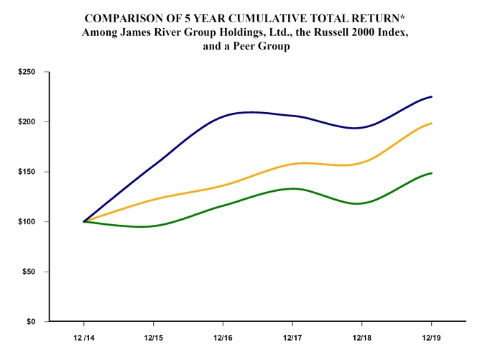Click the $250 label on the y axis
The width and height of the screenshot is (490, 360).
coord(27,72)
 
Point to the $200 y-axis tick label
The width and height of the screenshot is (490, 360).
coord(27,122)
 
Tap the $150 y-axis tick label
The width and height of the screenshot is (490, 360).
coord(27,172)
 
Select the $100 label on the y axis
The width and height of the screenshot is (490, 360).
coord(27,222)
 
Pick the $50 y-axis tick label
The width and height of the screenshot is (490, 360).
coord(29,272)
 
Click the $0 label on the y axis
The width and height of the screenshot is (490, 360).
coord(31,321)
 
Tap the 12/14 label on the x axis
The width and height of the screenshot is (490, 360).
coord(84,336)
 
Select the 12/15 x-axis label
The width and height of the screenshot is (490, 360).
coord(154,336)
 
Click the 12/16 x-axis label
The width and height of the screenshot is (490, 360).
coord(223,336)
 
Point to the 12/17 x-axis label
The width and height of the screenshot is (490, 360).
coord(292,336)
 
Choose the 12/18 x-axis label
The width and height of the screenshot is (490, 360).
coord(361,336)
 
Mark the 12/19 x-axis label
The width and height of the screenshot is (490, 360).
coord(431,336)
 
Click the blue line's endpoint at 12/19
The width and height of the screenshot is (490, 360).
coord(431,96)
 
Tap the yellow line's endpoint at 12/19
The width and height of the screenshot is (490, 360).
coord(431,123)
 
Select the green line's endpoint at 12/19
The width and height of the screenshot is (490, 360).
coord(431,173)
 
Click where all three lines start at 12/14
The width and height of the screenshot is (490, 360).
coord(84,221)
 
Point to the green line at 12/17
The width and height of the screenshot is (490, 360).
coord(292,189)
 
